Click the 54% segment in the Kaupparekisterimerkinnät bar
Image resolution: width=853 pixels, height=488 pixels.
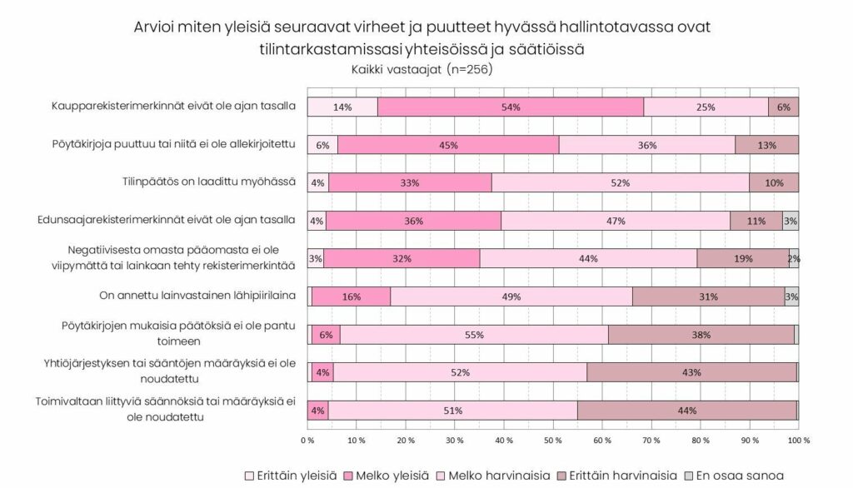[x=511, y=107]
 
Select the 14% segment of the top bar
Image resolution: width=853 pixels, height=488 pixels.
[x=342, y=107]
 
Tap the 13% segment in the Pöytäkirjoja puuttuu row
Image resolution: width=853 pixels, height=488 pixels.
[x=767, y=145]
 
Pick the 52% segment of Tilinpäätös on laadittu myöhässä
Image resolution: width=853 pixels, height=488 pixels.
[x=621, y=182]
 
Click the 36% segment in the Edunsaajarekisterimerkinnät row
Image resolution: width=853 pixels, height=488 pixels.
[x=414, y=221]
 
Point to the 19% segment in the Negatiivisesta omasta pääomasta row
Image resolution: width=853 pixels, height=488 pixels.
[x=742, y=258]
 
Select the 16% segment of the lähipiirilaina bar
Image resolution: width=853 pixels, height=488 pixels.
[x=350, y=296]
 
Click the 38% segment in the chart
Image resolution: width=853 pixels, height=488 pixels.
[x=701, y=335]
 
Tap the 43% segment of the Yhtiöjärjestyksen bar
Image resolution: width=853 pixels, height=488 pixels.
[x=691, y=372]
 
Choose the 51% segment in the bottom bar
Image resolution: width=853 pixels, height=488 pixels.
[x=453, y=411]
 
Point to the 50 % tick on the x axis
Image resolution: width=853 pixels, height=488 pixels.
[x=553, y=440]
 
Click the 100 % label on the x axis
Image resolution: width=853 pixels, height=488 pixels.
[x=798, y=440]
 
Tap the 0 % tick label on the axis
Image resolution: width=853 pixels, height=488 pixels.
[x=307, y=440]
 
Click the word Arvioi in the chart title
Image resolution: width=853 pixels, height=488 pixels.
[x=158, y=27]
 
